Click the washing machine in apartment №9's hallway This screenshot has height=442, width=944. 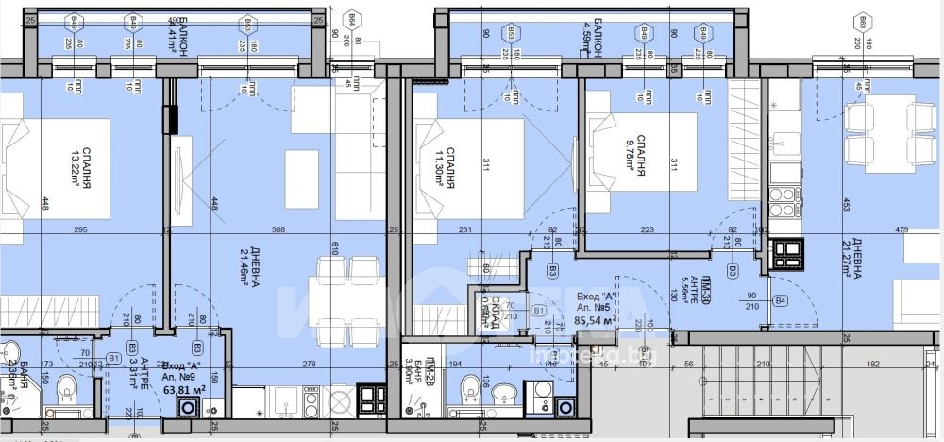(189, 408)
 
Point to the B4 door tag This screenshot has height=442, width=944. (780, 301)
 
